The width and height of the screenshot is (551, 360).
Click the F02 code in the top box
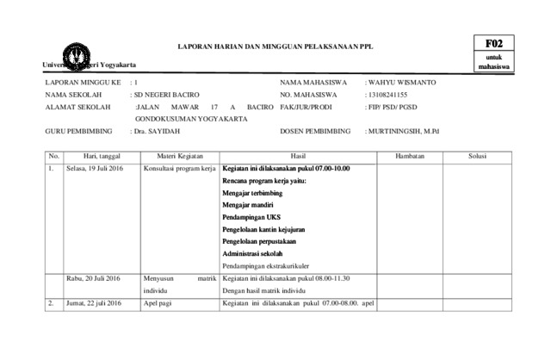(x=493, y=42)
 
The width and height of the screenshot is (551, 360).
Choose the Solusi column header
(x=478, y=156)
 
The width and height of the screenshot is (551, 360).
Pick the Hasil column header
(x=298, y=156)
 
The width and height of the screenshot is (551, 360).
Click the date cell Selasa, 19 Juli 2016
(x=95, y=168)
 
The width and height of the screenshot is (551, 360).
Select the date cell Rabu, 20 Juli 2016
(x=94, y=278)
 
